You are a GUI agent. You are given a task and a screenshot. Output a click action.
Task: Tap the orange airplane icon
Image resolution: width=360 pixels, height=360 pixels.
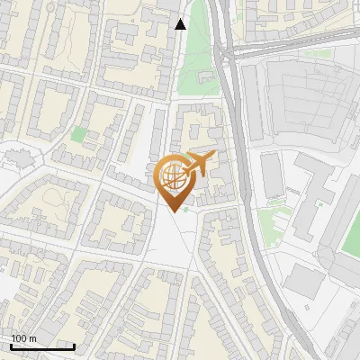[x=197, y=165]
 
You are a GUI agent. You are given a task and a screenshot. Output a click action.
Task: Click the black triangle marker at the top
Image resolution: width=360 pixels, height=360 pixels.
[x=181, y=24]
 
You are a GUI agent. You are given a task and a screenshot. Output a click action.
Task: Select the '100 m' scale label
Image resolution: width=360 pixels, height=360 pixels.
[x=23, y=338]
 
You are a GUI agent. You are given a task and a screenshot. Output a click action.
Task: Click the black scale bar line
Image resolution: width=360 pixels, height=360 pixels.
[x=42, y=346]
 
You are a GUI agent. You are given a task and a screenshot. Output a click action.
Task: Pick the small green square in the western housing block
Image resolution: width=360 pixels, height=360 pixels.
[x=79, y=135]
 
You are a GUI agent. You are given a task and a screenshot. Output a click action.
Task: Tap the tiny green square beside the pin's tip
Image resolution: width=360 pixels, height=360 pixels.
[x=186, y=211]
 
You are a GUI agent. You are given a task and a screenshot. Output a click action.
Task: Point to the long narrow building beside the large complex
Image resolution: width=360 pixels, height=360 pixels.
[x=272, y=175]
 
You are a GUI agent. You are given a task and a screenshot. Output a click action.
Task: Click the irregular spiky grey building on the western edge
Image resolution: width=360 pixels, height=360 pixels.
[x=18, y=158]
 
